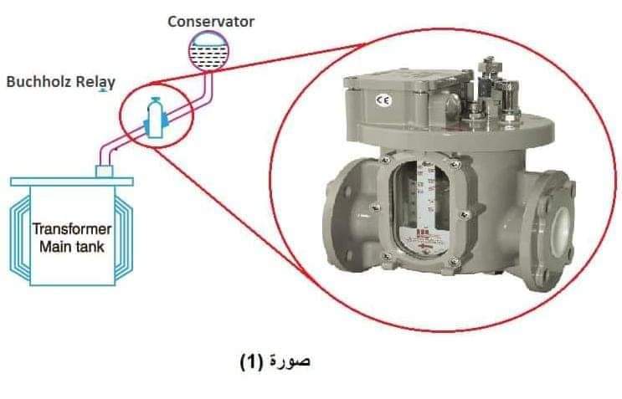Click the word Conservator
(x=210, y=20)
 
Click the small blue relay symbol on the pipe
(x=153, y=117)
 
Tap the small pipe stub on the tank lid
(x=106, y=171)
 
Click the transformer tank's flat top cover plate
(x=70, y=180)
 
